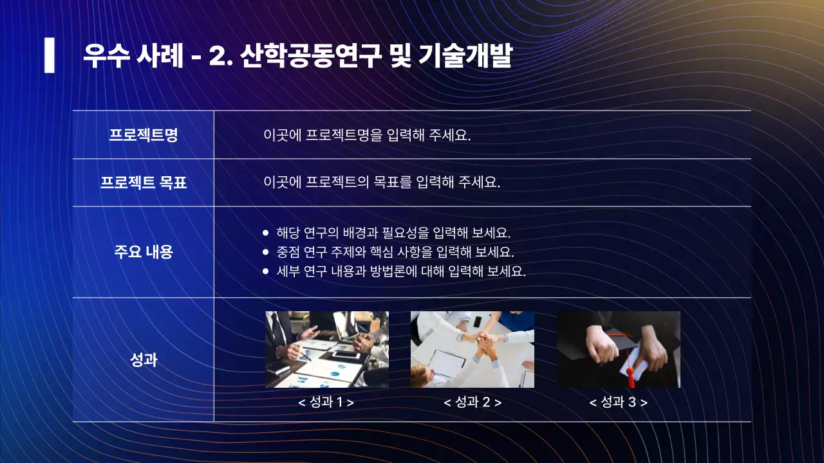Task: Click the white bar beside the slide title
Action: [x=50, y=55]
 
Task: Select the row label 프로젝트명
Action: [x=143, y=135]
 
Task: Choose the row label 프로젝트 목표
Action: [x=143, y=183]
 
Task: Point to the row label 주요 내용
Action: [x=143, y=251]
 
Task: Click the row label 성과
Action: [x=143, y=359]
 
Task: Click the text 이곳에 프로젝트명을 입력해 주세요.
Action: [x=367, y=135]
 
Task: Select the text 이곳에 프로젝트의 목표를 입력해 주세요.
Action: [x=382, y=182]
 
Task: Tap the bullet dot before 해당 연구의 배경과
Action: [x=266, y=233]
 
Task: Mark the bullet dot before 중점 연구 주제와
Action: [x=266, y=252]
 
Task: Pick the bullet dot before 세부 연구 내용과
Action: [x=266, y=271]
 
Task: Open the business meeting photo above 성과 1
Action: [x=327, y=349]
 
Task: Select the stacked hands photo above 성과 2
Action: [x=473, y=349]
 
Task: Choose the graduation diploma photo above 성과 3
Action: [x=619, y=349]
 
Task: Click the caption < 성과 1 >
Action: [x=326, y=403]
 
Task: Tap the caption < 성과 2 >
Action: [x=473, y=403]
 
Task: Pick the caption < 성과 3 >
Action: [x=619, y=403]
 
